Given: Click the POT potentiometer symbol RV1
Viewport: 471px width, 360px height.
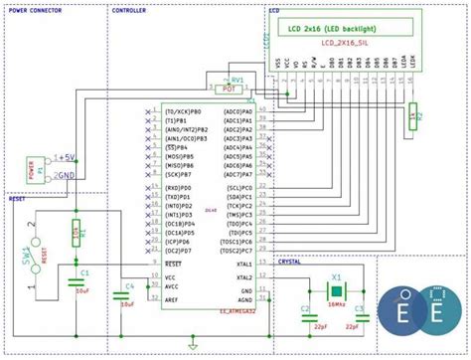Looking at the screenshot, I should pos(235,87).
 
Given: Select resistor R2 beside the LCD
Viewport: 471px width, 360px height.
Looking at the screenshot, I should pos(412,120).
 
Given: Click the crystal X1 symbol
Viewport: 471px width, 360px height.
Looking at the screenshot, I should pos(337,288).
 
